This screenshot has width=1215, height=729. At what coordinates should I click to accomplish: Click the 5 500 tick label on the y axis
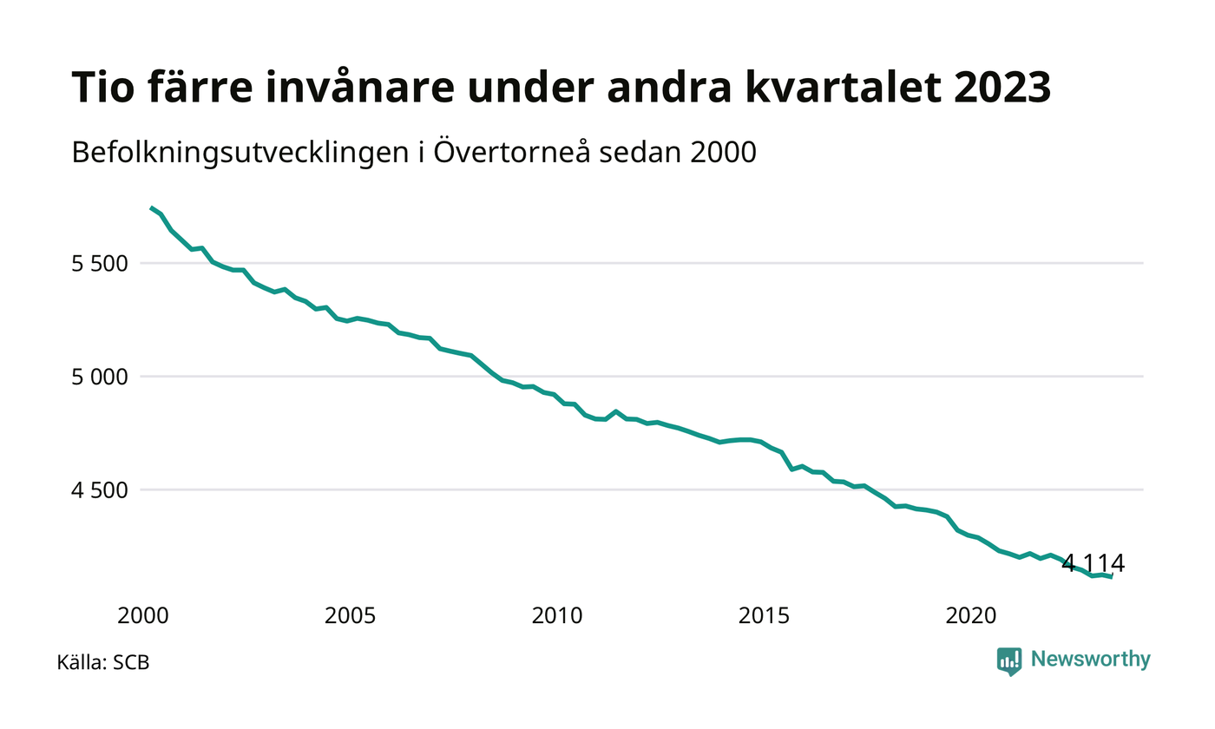pos(100,264)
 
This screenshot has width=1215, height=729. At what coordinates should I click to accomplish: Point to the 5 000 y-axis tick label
pos(100,377)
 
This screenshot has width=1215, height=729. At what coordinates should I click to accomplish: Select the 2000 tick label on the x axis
pos(143,616)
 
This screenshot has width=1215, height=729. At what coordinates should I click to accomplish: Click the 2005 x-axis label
pos(350,616)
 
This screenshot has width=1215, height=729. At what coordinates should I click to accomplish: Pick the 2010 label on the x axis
pos(557,616)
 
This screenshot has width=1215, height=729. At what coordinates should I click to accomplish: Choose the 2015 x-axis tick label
pos(764,616)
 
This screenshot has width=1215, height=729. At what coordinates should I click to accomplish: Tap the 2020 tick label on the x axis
pos(971,616)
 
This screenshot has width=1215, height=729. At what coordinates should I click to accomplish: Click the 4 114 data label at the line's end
pos(1093,563)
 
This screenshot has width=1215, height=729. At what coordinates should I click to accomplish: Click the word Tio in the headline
pos(103,88)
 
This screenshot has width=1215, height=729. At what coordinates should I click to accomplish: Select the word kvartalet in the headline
pos(843,88)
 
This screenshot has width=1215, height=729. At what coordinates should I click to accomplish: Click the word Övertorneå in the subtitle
pos(511,152)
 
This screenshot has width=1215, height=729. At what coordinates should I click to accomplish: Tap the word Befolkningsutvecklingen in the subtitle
pos(240,153)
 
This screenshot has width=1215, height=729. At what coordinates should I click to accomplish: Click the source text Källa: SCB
pos(103,662)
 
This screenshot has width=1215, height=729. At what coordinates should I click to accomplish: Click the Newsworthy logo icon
pos(1008,661)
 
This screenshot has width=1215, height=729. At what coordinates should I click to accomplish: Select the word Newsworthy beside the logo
pos(1090,660)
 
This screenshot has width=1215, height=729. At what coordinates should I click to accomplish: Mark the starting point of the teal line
pos(151,207)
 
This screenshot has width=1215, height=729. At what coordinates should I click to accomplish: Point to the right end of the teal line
pos(1112,577)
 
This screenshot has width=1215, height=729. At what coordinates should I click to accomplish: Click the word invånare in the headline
pos(360,88)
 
